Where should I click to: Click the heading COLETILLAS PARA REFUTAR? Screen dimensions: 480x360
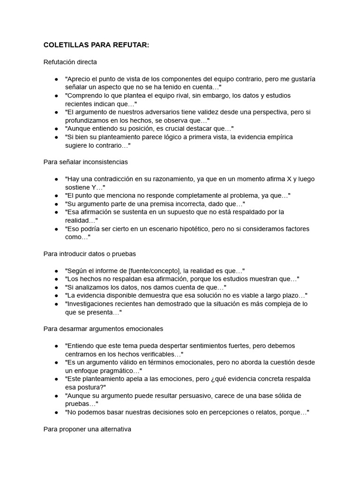point(96,45)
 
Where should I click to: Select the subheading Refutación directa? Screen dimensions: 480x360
point(70,62)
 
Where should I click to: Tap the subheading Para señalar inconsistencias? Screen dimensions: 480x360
point(85,162)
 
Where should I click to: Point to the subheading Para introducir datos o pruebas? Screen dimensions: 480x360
point(90,254)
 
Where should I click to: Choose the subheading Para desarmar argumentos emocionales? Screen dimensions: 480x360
point(103,329)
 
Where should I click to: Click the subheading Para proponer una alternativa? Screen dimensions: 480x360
point(87,428)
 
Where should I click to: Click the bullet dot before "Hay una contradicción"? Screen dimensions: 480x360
point(56,179)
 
